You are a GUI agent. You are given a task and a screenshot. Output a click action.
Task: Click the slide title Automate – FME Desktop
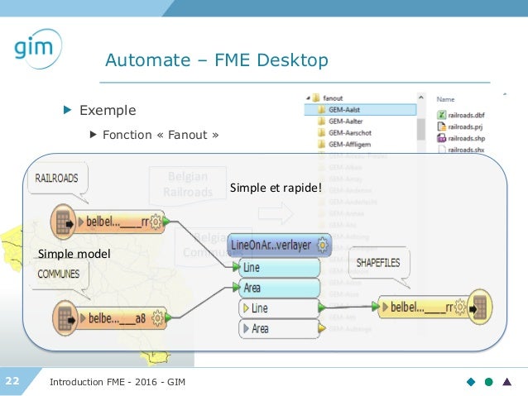[216, 61]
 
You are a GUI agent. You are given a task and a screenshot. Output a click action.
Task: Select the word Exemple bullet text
[108, 110]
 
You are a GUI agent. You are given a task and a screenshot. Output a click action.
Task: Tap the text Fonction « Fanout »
[161, 134]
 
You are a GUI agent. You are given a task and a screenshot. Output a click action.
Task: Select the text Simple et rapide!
[276, 189]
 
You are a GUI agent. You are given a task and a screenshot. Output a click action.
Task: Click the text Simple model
[74, 253]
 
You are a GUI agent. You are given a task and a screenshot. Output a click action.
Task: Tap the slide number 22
[13, 381]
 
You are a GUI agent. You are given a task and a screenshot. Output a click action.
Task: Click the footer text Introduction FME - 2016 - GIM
[118, 382]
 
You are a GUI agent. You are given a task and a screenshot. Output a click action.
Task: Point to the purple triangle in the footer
[507, 382]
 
